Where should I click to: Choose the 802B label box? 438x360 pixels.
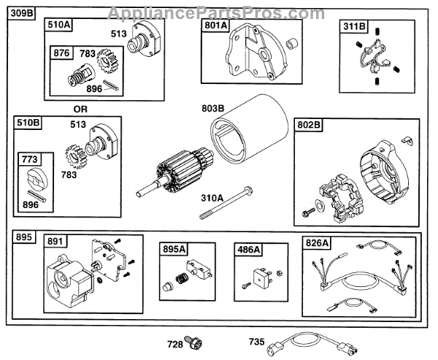click(x=310, y=126)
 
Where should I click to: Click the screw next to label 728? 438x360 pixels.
click(x=194, y=340)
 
